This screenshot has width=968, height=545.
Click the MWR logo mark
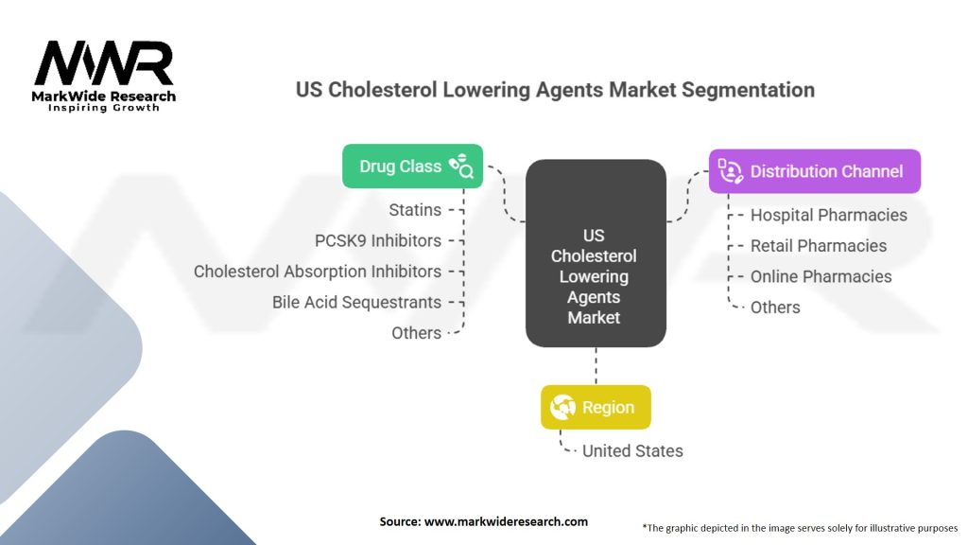point(104,64)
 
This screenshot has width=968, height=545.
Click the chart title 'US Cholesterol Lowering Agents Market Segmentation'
point(555,90)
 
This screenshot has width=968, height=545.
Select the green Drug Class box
point(412,167)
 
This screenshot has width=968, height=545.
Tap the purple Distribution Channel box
point(814,171)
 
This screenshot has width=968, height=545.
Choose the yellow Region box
point(596,407)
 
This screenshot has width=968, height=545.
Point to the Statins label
point(414,209)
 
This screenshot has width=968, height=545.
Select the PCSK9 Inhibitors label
point(377,240)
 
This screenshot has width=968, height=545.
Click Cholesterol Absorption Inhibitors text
point(317,272)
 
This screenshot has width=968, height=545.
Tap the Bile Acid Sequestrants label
point(356,302)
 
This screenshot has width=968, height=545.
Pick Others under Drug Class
point(416,333)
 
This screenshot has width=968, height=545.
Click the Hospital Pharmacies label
point(828,215)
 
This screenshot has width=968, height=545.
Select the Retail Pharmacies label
point(818,246)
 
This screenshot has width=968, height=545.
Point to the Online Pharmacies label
point(821,276)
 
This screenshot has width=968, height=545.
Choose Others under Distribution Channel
point(774,308)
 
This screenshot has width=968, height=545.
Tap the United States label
point(631,450)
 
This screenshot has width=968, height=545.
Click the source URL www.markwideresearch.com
point(507,521)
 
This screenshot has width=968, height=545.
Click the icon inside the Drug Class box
point(462,167)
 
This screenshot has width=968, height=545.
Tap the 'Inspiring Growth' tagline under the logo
point(104,108)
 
